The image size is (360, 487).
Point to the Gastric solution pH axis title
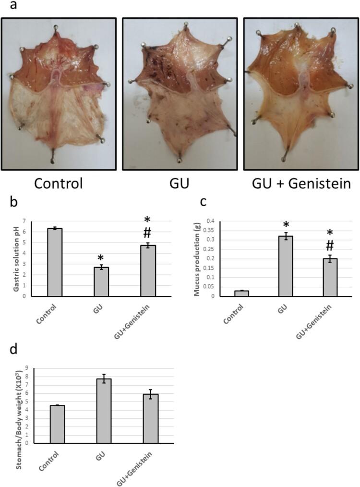[x=9, y=258]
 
